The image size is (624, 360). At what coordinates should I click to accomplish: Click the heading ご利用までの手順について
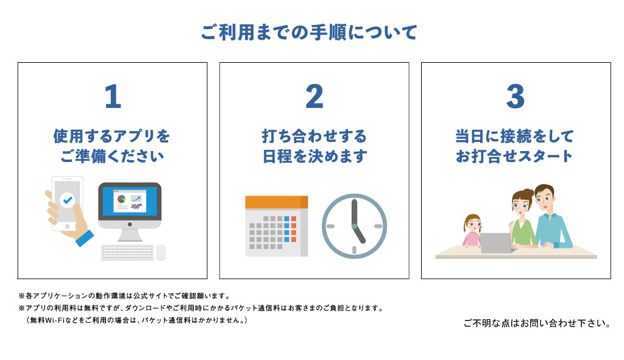[309, 32]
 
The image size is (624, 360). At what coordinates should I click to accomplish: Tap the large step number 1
[113, 96]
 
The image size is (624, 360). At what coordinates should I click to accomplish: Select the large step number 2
[314, 96]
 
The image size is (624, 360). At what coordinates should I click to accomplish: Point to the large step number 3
[516, 96]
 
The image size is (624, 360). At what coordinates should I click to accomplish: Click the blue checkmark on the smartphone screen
[67, 200]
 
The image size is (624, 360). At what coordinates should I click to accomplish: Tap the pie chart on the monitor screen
[121, 199]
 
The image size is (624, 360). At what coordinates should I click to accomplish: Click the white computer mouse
[161, 252]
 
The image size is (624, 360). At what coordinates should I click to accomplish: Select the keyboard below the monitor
[127, 252]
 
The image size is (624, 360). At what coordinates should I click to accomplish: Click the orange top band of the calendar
[277, 202]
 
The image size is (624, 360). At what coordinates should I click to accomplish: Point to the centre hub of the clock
[354, 226]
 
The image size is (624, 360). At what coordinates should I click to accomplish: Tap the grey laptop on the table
[496, 243]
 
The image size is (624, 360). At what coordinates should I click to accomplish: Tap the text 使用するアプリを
[112, 136]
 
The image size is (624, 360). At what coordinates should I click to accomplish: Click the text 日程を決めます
[314, 156]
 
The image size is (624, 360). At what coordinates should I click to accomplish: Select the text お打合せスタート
[514, 156]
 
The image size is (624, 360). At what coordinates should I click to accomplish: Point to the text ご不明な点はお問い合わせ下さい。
[537, 323]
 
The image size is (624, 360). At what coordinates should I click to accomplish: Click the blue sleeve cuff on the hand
[84, 238]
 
